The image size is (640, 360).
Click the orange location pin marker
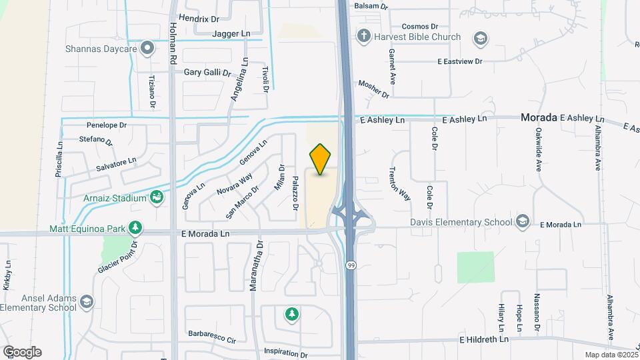tap(321, 159)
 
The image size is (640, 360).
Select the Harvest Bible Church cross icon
tap(363, 36)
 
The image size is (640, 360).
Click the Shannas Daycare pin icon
tap(148, 48)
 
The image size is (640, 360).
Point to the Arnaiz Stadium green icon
tap(157, 197)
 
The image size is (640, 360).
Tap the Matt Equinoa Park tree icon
tap(135, 229)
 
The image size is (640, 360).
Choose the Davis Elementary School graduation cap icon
tap(523, 221)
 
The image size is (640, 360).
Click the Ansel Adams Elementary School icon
tap(86, 303)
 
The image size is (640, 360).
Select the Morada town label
tap(538, 117)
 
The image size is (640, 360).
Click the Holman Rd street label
tap(172, 43)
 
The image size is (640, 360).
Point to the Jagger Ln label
tap(231, 33)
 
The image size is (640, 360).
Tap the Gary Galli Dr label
tap(207, 72)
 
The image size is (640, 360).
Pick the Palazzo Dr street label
tap(295, 193)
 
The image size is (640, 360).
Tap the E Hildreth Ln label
tap(484, 339)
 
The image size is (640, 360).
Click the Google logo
tap(22, 351)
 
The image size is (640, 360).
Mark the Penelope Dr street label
tap(107, 125)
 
